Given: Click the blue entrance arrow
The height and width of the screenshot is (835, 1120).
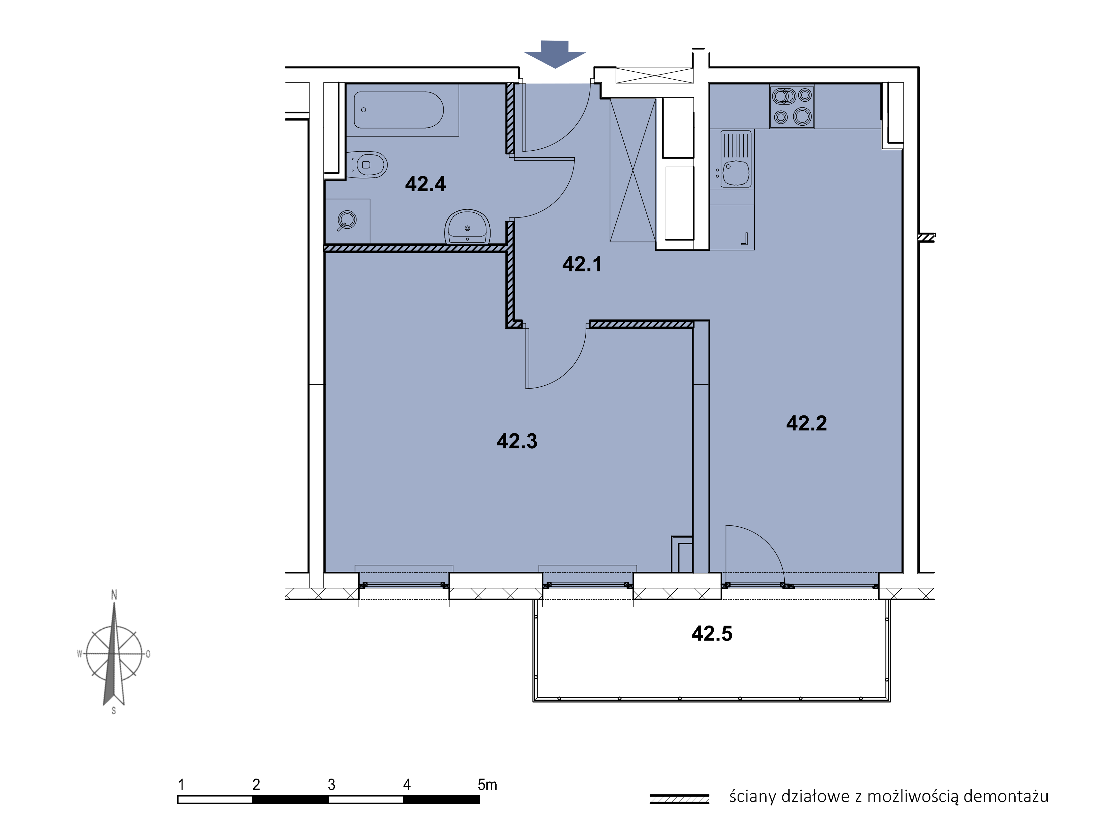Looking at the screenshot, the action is point(555,54).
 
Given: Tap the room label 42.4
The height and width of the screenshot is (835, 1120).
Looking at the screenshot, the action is point(425,184).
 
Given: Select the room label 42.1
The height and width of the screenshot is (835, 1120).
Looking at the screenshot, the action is point(582,264).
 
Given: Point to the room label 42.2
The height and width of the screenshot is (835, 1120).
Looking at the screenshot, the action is point(806,423).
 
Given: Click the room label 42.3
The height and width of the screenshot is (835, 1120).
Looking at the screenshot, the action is point(517,441).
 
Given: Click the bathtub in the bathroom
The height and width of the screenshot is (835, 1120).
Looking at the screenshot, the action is point(398,110).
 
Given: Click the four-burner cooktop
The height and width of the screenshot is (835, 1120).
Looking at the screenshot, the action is point(792,106).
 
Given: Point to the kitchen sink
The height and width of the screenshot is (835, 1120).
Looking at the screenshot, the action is point(736,159).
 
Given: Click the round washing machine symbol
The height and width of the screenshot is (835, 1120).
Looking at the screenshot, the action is point(347,220).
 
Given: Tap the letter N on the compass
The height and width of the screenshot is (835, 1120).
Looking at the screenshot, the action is point(114,595).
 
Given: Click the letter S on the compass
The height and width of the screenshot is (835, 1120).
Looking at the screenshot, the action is point(114,711).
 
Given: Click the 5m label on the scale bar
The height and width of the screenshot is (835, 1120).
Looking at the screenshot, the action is point(487,784).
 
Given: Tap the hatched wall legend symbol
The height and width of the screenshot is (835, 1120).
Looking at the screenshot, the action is point(679,799).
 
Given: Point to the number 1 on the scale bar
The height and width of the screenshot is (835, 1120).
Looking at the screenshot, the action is point(181,784).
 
